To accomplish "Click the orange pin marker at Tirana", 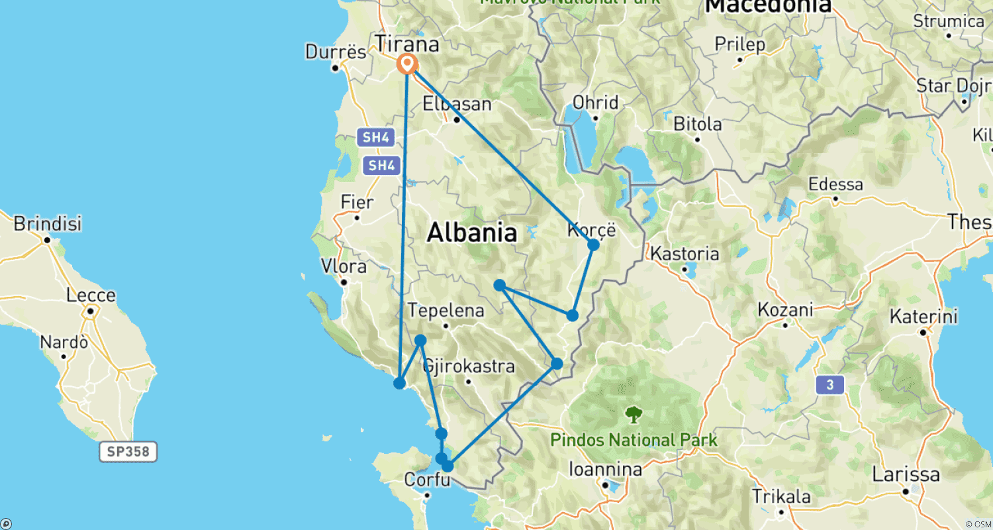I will [x=407, y=64].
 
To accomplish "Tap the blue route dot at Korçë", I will [x=593, y=244].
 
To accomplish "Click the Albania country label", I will [x=471, y=233].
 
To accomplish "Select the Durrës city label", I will [x=336, y=52].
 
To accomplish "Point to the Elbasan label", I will [x=457, y=105].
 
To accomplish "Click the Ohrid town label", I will [x=596, y=103].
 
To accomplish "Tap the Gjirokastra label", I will [x=469, y=366].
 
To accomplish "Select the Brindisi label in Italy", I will [x=48, y=224].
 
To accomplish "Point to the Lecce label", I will [x=91, y=295].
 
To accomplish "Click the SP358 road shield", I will [x=129, y=452].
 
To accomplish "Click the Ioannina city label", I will [x=605, y=470].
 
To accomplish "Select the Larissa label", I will [x=906, y=475].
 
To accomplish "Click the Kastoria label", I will [x=685, y=254].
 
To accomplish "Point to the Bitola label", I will [x=697, y=125].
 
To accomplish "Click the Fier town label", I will [x=357, y=203].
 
